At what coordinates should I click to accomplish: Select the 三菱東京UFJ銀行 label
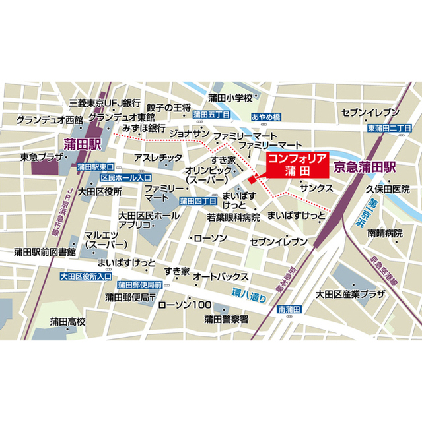pos(105,104)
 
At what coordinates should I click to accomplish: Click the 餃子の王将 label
pos(169,107)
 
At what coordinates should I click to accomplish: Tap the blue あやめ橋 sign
pos(266,117)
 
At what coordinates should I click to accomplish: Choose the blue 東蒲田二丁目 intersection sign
pos(389,128)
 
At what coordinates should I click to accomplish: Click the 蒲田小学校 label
pos(230,98)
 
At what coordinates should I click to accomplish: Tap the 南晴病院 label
pos(385,233)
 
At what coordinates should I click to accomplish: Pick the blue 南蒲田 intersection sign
pos(289,309)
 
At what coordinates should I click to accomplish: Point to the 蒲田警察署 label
pos(226,319)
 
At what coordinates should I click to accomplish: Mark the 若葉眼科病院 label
pos(234,216)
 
